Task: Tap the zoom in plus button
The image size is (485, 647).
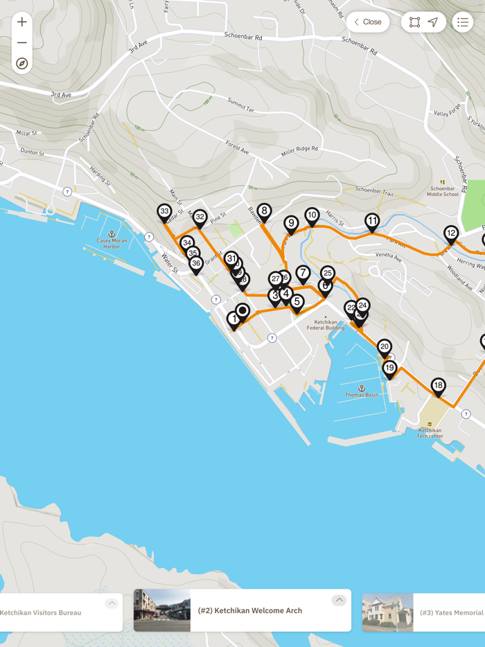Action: [x=22, y=21]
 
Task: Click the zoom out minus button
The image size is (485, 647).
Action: [x=22, y=43]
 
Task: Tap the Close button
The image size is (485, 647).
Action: [x=368, y=22]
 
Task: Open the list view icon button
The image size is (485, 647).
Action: [x=463, y=22]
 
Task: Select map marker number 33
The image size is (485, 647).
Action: [x=164, y=212]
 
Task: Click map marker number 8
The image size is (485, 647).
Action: [x=264, y=211]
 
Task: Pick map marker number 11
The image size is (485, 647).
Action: [x=372, y=222]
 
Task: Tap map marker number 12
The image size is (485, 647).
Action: [x=451, y=233]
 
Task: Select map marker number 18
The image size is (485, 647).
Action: [x=438, y=385]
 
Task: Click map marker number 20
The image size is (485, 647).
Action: [x=385, y=346]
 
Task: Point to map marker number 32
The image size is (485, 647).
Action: [x=200, y=218]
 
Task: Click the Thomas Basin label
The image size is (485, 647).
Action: [x=362, y=395]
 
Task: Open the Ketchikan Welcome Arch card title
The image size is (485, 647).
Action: [x=250, y=610]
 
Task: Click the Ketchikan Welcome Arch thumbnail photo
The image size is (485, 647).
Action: [x=162, y=610]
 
